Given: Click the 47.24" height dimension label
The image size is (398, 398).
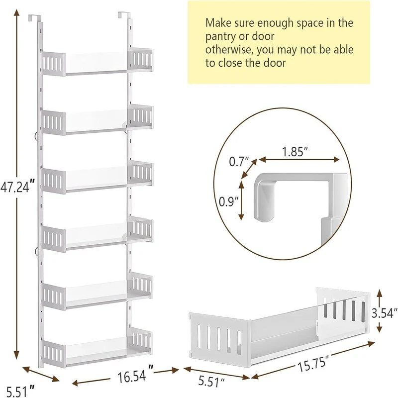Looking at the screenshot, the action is coord(17,187).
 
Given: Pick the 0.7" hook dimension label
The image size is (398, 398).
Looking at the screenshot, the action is coord(239,161).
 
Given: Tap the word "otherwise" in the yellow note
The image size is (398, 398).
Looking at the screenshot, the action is coord(228,49).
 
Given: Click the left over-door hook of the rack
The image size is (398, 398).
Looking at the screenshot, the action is coord(33,17).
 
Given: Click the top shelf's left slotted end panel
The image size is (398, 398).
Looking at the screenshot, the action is coord(53,64).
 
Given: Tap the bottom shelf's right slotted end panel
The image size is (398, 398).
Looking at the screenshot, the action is coord(140,340).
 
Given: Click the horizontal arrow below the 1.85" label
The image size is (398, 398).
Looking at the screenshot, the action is coord(299,160).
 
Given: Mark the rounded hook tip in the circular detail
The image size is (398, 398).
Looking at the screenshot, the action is coord(264,217).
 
